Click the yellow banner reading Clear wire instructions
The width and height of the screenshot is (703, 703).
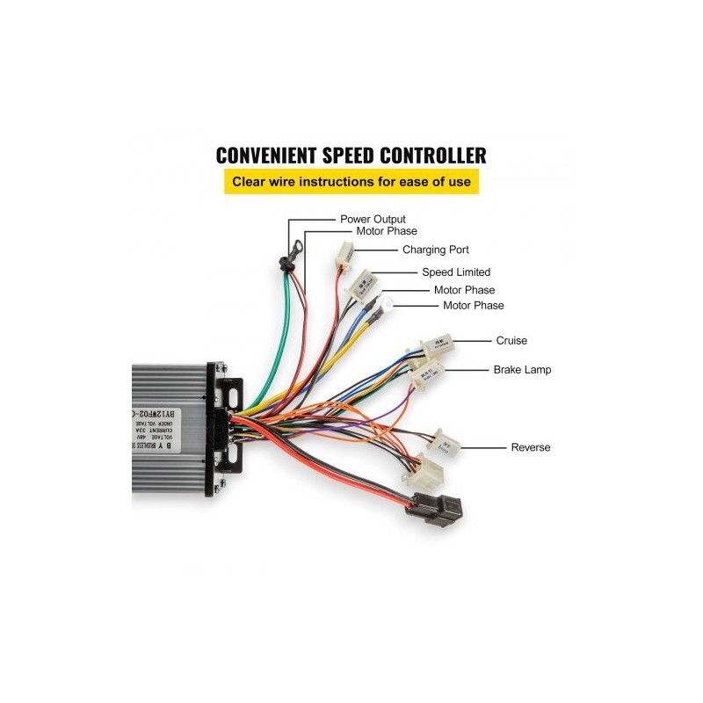(x=351, y=183)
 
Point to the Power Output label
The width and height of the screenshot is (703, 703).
(x=373, y=219)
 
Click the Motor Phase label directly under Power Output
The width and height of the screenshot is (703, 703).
(x=387, y=232)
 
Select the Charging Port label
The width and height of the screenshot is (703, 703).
(x=436, y=250)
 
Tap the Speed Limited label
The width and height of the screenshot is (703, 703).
(x=456, y=272)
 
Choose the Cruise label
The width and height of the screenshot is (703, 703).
(x=511, y=340)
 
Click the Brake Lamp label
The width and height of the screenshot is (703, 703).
(x=522, y=370)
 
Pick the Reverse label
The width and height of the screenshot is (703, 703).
(x=531, y=447)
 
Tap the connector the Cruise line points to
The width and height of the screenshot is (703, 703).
(x=436, y=346)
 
